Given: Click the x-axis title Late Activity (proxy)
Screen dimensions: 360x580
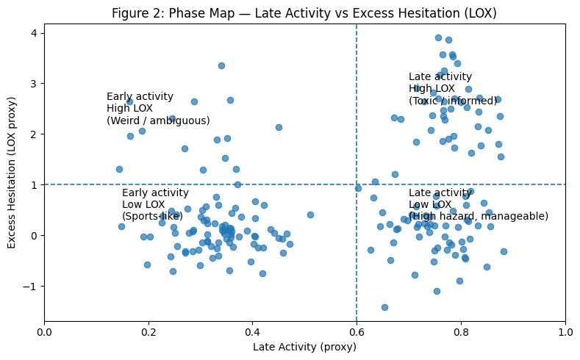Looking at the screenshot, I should click(304, 347).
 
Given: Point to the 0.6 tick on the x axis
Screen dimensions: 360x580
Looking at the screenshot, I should click(357, 322).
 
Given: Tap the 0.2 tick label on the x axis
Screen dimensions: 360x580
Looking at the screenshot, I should click(148, 332).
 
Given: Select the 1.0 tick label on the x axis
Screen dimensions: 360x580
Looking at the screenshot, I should click(565, 332).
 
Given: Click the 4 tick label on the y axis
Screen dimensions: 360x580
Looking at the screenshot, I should click(34, 33).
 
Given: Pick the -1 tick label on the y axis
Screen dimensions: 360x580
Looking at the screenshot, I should click(31, 286).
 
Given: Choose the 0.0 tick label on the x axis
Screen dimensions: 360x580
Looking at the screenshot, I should click(44, 332).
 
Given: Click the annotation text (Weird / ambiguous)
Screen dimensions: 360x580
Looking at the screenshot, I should click(158, 120).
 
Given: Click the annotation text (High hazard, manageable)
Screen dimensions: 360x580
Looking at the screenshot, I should click(479, 216).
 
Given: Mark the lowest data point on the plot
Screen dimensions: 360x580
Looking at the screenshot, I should click(384, 307).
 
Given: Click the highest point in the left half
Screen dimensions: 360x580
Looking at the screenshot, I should click(221, 65).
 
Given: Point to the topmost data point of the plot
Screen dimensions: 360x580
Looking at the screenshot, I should click(438, 37).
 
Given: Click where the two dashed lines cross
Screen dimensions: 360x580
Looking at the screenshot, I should click(357, 184).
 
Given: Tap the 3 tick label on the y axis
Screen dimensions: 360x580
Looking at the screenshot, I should click(34, 84).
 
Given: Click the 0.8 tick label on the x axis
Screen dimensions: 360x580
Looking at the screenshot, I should click(461, 332).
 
